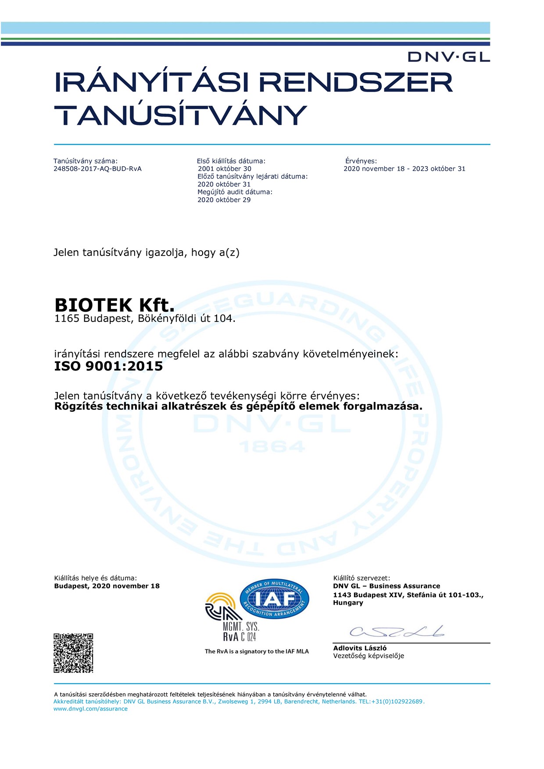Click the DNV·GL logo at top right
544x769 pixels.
448,57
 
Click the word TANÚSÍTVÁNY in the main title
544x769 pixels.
180,115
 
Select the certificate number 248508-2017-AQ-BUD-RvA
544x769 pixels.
97,169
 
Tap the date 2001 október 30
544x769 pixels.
225,169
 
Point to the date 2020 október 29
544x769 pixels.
224,200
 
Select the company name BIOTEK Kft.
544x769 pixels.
115,305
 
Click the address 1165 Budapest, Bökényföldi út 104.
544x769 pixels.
145,319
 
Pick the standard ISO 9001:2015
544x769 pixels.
108,366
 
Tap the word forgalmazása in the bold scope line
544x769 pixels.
383,406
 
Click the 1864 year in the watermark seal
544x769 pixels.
272,447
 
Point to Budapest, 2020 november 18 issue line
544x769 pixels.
107,586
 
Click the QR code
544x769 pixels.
73,653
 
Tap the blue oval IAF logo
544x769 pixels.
275,599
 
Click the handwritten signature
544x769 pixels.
397,632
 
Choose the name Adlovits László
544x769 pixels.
360,648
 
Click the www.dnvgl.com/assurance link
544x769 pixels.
90,708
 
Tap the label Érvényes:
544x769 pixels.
361,161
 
